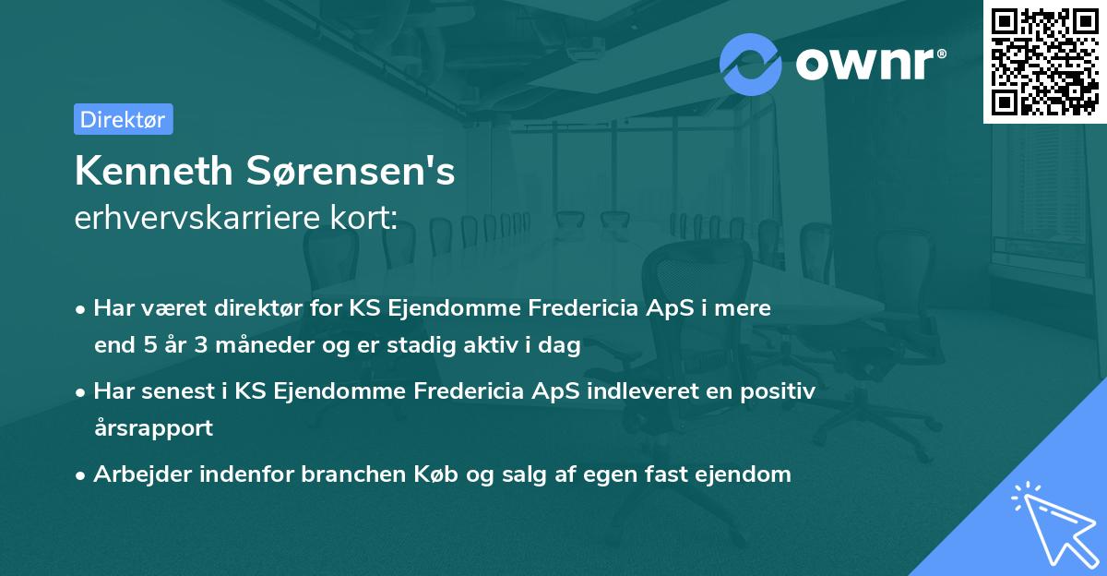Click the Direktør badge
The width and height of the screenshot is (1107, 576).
point(123,119)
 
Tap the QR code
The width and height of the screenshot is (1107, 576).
point(1044,61)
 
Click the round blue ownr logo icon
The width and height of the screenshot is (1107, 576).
point(751,64)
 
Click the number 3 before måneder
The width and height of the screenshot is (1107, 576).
point(202,346)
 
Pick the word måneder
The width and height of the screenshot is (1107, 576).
point(262,346)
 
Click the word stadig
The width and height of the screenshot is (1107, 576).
point(436,346)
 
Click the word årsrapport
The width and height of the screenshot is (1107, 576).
point(153,428)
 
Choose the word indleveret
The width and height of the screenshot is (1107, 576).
point(633,391)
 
